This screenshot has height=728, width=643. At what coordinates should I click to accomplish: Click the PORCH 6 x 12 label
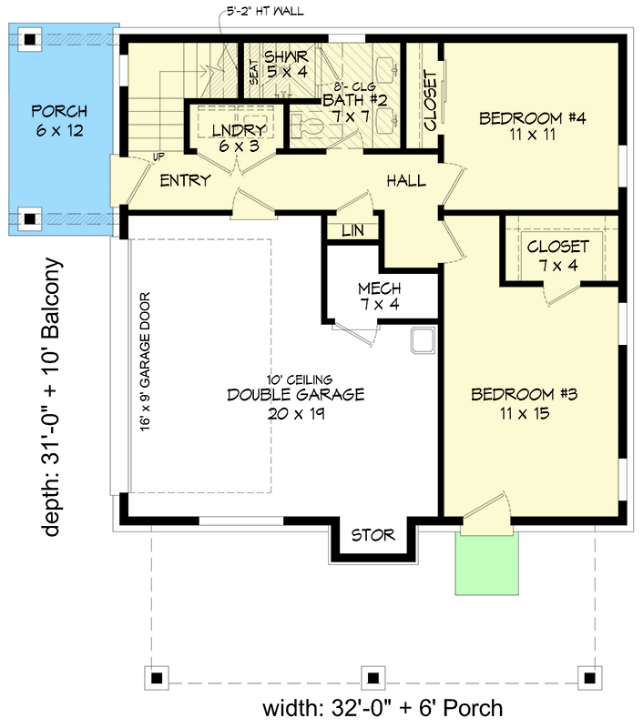pos(59,121)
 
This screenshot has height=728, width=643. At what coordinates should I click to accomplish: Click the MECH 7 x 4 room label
pos(378,298)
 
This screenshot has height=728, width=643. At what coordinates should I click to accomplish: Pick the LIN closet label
pos(352,231)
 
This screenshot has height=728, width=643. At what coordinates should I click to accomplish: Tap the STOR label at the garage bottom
pos(373,535)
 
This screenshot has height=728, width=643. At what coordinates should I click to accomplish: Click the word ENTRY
pos(185,180)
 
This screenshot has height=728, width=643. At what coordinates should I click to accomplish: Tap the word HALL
pos(405,181)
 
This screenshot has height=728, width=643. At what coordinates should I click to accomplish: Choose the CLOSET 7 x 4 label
pos(557,256)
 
